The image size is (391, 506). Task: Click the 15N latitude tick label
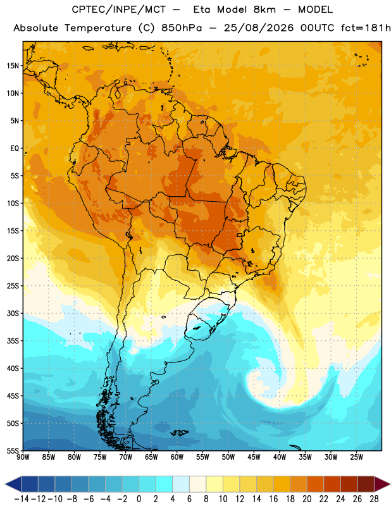pyautogui.click(x=13, y=66)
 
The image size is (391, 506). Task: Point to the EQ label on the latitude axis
pyautogui.click(x=15, y=149)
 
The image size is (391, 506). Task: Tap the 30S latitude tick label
pyautogui.click(x=13, y=313)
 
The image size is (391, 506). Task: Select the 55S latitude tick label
pyautogui.click(x=13, y=451)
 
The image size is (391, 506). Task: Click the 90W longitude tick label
pyautogui.click(x=23, y=457)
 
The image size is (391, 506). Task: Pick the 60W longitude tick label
pyautogui.click(x=177, y=457)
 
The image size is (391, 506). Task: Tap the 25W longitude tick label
pyautogui.click(x=356, y=457)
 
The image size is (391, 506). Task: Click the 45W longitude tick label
pyautogui.click(x=254, y=457)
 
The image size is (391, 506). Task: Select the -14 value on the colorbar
pyautogui.click(x=22, y=499)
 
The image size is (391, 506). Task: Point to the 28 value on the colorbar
pyautogui.click(x=374, y=499)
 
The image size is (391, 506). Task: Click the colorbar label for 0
pyautogui.click(x=139, y=499)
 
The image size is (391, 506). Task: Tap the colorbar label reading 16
pyautogui.click(x=273, y=499)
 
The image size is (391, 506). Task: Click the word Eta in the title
pyautogui.click(x=202, y=9)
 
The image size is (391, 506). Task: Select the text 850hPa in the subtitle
pyautogui.click(x=182, y=28)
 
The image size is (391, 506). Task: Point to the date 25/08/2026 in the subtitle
pyautogui.click(x=259, y=28)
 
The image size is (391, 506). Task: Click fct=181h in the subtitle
pyautogui.click(x=366, y=28)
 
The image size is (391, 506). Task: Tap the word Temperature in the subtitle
pyautogui.click(x=98, y=28)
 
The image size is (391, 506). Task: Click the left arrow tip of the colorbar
pyautogui.click(x=5, y=484)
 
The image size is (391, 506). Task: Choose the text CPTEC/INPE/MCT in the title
pyautogui.click(x=119, y=9)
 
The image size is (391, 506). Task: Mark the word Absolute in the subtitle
pyautogui.click(x=36, y=28)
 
